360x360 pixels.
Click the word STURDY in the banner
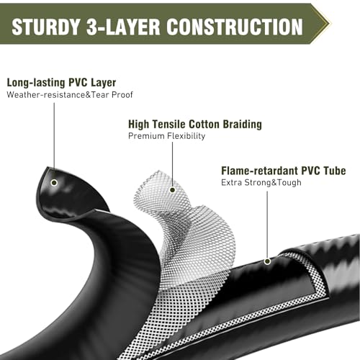45,27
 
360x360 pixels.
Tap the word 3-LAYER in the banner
123,27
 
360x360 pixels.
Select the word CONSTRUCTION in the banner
235,27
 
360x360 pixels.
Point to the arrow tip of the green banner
329,24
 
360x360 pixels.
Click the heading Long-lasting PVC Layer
61,83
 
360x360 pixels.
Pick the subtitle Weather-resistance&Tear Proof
70,95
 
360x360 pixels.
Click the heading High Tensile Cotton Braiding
195,125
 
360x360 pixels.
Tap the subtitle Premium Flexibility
166,136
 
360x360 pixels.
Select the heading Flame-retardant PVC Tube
284,171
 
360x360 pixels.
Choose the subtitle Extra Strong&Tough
261,183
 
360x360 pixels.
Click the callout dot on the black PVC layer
54,183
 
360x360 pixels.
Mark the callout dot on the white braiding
172,190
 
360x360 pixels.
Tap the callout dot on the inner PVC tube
267,261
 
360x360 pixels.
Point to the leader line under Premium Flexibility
172,164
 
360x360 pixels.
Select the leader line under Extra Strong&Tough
267,225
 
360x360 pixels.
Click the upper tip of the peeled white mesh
158,171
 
